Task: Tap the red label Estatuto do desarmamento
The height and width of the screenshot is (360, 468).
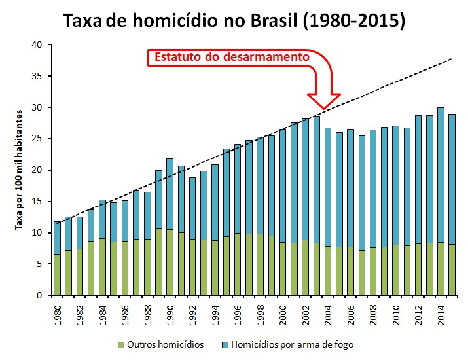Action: click(x=232, y=57)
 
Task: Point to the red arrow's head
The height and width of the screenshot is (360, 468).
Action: click(x=324, y=101)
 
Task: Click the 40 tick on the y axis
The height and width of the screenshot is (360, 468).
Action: click(x=37, y=45)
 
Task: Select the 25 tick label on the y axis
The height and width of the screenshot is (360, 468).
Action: click(x=37, y=139)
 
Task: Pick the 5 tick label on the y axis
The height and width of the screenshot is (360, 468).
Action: click(x=40, y=264)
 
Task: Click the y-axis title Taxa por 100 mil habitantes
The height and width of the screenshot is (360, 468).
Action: click(x=19, y=170)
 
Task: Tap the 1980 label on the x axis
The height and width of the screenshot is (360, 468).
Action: click(x=58, y=315)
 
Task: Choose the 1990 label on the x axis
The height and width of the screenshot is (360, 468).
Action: click(x=170, y=315)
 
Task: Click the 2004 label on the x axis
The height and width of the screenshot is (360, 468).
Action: click(x=328, y=315)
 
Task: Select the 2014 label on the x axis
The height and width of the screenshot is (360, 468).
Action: click(x=441, y=315)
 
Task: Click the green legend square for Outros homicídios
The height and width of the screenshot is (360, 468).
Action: click(x=121, y=345)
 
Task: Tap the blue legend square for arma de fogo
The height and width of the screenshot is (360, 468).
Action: click(x=225, y=345)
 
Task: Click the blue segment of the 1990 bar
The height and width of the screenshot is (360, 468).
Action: click(x=170, y=194)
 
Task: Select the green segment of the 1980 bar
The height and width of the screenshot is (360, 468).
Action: click(x=58, y=275)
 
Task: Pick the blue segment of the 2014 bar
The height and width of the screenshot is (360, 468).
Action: click(x=441, y=175)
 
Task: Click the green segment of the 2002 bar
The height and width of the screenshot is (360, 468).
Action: click(x=305, y=268)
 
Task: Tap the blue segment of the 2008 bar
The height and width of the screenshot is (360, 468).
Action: click(x=373, y=189)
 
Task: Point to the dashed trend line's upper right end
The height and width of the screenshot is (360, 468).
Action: click(x=451, y=59)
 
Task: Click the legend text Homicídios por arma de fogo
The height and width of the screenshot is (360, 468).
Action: click(x=293, y=345)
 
